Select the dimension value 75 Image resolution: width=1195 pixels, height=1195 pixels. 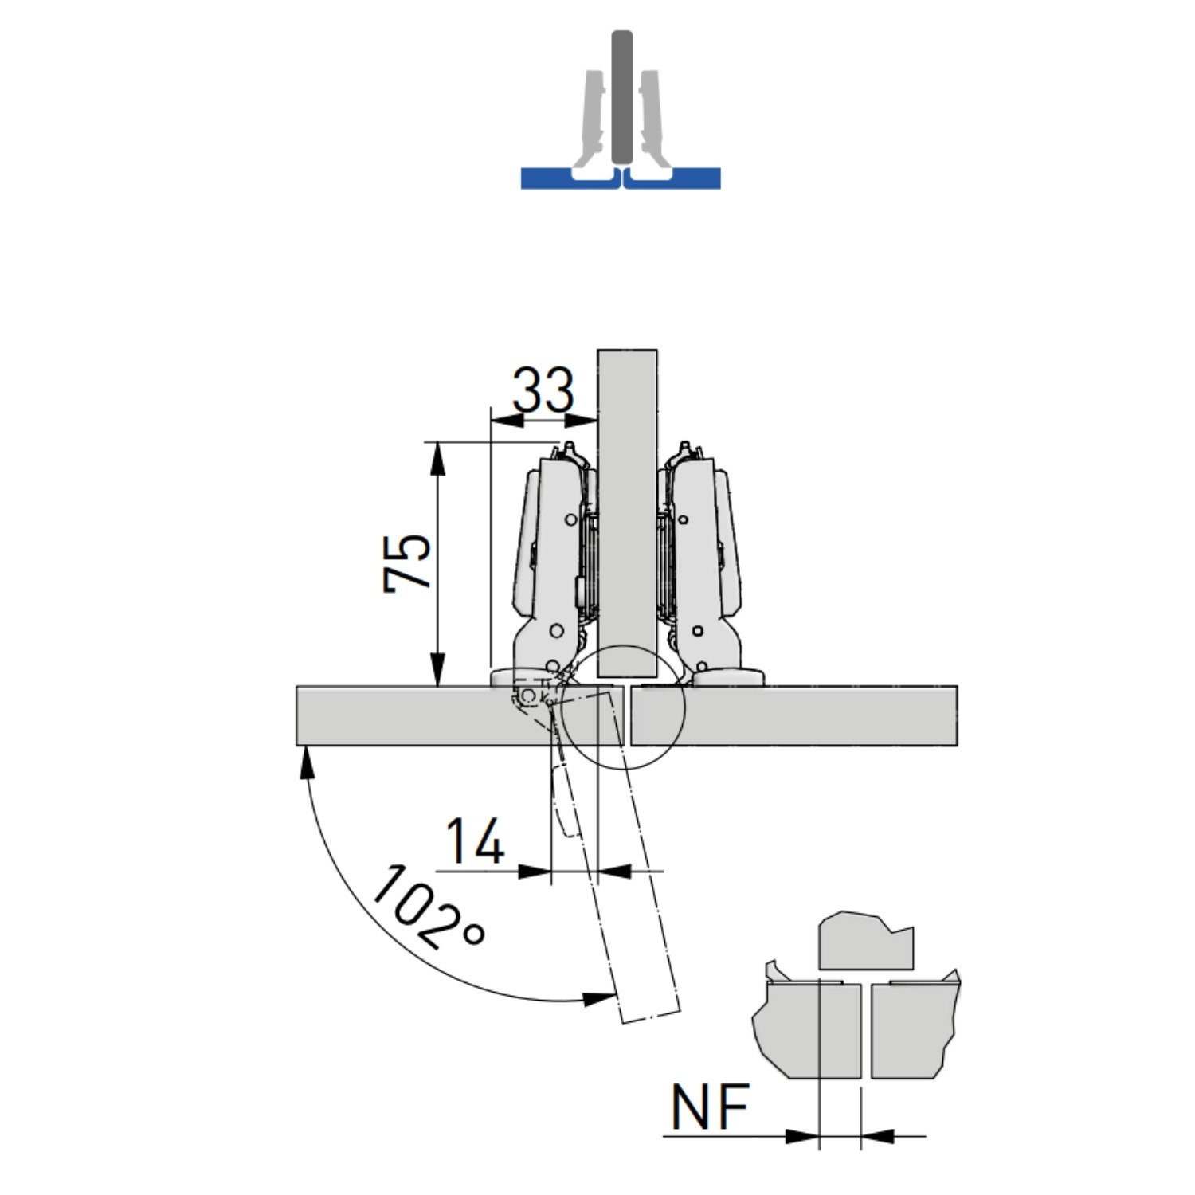[407, 562]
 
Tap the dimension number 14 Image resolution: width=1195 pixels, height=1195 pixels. [475, 841]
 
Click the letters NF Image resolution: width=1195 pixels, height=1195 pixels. [710, 1107]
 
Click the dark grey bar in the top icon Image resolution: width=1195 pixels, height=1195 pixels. [621, 96]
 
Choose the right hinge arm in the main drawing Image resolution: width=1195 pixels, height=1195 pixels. [701, 558]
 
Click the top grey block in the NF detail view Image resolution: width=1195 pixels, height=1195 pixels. [864, 944]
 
